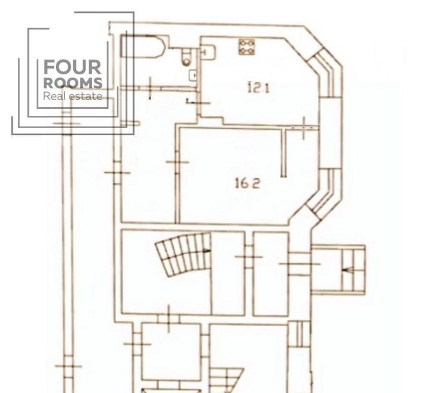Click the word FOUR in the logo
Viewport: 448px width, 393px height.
click(x=72, y=67)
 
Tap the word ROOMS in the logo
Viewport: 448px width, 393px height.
click(x=73, y=83)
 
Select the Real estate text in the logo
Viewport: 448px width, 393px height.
click(x=73, y=96)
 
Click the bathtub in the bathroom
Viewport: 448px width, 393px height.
click(x=143, y=46)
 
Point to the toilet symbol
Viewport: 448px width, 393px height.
click(x=187, y=57)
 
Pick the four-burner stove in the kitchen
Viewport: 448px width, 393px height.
click(x=247, y=47)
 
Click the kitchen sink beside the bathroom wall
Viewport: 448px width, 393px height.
click(x=209, y=52)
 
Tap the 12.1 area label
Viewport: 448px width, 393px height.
click(x=258, y=87)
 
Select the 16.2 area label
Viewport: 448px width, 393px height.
click(x=247, y=183)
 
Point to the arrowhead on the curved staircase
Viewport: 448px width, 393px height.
click(x=207, y=251)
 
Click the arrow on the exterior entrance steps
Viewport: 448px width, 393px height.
click(x=348, y=270)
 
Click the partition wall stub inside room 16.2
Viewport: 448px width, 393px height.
click(x=284, y=152)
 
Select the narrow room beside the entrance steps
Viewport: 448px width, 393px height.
click(x=271, y=274)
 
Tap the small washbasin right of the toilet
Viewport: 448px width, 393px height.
click(x=194, y=75)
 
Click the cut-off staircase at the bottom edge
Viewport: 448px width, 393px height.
click(x=226, y=381)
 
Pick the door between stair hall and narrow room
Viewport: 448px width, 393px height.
click(x=249, y=257)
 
